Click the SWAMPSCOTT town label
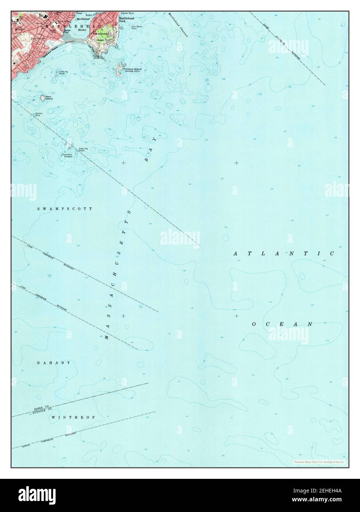[x=64, y=208]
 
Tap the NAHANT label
[x=53, y=363]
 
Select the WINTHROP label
[x=73, y=417]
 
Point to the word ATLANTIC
[x=283, y=254]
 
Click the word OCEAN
[x=282, y=324]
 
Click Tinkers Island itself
[x=120, y=69]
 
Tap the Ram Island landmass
[x=43, y=98]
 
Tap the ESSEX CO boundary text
[x=41, y=408]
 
